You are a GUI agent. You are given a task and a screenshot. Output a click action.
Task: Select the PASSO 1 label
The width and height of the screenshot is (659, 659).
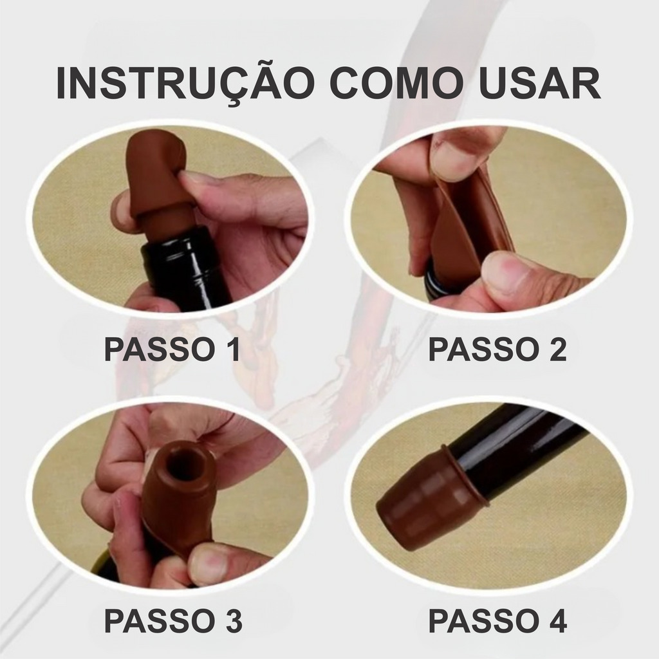[x=172, y=349]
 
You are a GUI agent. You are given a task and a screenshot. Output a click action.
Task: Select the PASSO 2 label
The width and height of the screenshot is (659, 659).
[x=497, y=349]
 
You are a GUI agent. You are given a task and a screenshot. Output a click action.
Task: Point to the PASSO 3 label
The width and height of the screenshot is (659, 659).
[x=173, y=621]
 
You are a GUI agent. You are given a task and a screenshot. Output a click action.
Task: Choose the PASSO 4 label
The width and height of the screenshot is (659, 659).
[x=498, y=621]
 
